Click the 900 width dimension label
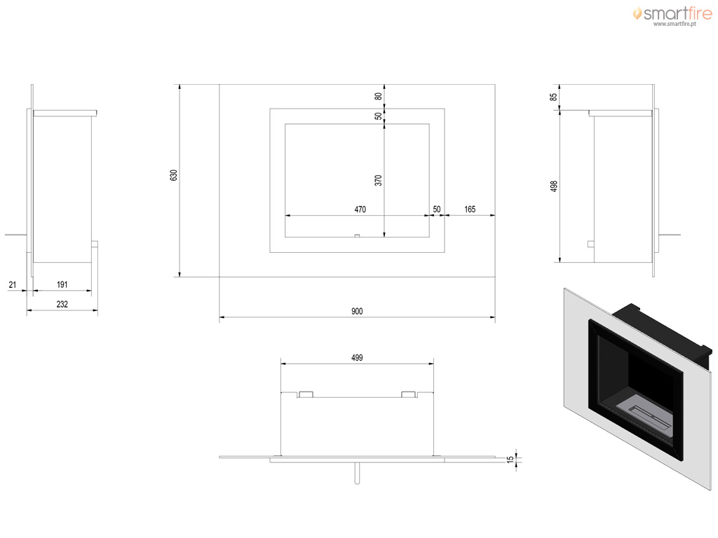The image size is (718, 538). pyautogui.click(x=357, y=311)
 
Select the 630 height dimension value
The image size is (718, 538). pyautogui.click(x=174, y=175)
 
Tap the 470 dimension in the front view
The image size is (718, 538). pyautogui.click(x=360, y=209)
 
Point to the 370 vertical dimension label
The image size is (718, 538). pyautogui.click(x=378, y=180)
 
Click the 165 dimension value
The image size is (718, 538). pyautogui.click(x=470, y=209)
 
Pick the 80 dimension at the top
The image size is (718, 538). pyautogui.click(x=378, y=96)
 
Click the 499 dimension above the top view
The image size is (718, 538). pyautogui.click(x=357, y=358)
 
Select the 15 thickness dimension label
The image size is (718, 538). pyautogui.click(x=510, y=460)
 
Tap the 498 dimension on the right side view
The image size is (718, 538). pyautogui.click(x=554, y=186)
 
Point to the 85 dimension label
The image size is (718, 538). pyautogui.click(x=554, y=97)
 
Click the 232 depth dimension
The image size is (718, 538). pyautogui.click(x=62, y=304)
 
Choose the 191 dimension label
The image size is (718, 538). pyautogui.click(x=62, y=284)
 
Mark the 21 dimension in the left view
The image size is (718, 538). pyautogui.click(x=13, y=284)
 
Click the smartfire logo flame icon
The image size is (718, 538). pyautogui.click(x=637, y=13)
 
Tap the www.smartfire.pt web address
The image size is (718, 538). pyautogui.click(x=675, y=24)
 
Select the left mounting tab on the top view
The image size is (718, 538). pyautogui.click(x=306, y=394)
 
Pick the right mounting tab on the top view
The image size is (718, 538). pyautogui.click(x=409, y=394)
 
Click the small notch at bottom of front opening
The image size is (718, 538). pyautogui.click(x=357, y=235)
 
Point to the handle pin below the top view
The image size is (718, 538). pyautogui.click(x=357, y=473)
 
